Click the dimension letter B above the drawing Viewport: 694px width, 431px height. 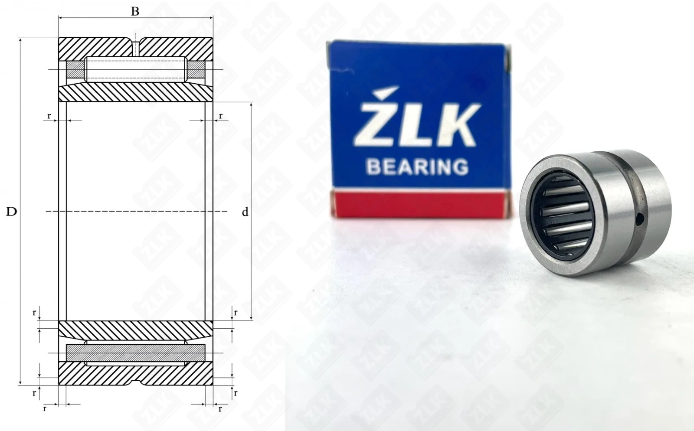tap(135, 11)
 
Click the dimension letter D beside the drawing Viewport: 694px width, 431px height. tap(11, 212)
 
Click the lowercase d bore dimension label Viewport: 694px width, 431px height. tap(245, 212)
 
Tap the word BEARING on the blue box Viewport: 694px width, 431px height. tap(417, 167)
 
